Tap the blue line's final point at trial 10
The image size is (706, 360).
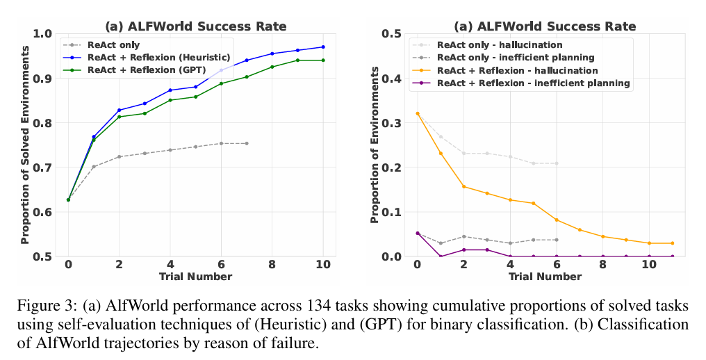(322, 47)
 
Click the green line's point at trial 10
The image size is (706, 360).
(322, 60)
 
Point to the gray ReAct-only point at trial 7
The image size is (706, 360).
(246, 143)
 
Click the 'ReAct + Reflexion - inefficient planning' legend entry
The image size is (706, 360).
(534, 83)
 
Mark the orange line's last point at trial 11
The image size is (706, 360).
(673, 243)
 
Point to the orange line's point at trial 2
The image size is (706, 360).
(463, 186)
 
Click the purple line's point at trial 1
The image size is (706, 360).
(440, 256)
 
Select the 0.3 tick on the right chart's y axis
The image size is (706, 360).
(393, 123)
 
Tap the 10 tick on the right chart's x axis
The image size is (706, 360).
(649, 265)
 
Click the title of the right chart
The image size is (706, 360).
(544, 26)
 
